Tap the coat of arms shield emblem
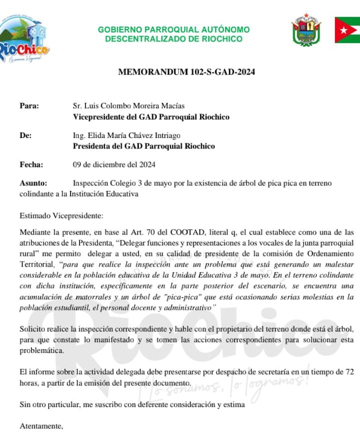coord(306,31)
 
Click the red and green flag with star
coord(347,30)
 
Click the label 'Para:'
coord(29,105)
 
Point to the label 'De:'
coord(25,135)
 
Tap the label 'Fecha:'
coord(31,164)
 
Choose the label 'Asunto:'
coord(33,183)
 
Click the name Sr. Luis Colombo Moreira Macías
coord(128,105)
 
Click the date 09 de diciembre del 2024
coord(114,164)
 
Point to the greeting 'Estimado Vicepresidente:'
coord(61,215)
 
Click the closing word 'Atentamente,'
coord(41,426)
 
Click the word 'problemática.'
coord(42,350)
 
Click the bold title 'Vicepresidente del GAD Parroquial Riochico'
coord(151,117)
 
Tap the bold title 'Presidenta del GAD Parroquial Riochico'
coord(144,146)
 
